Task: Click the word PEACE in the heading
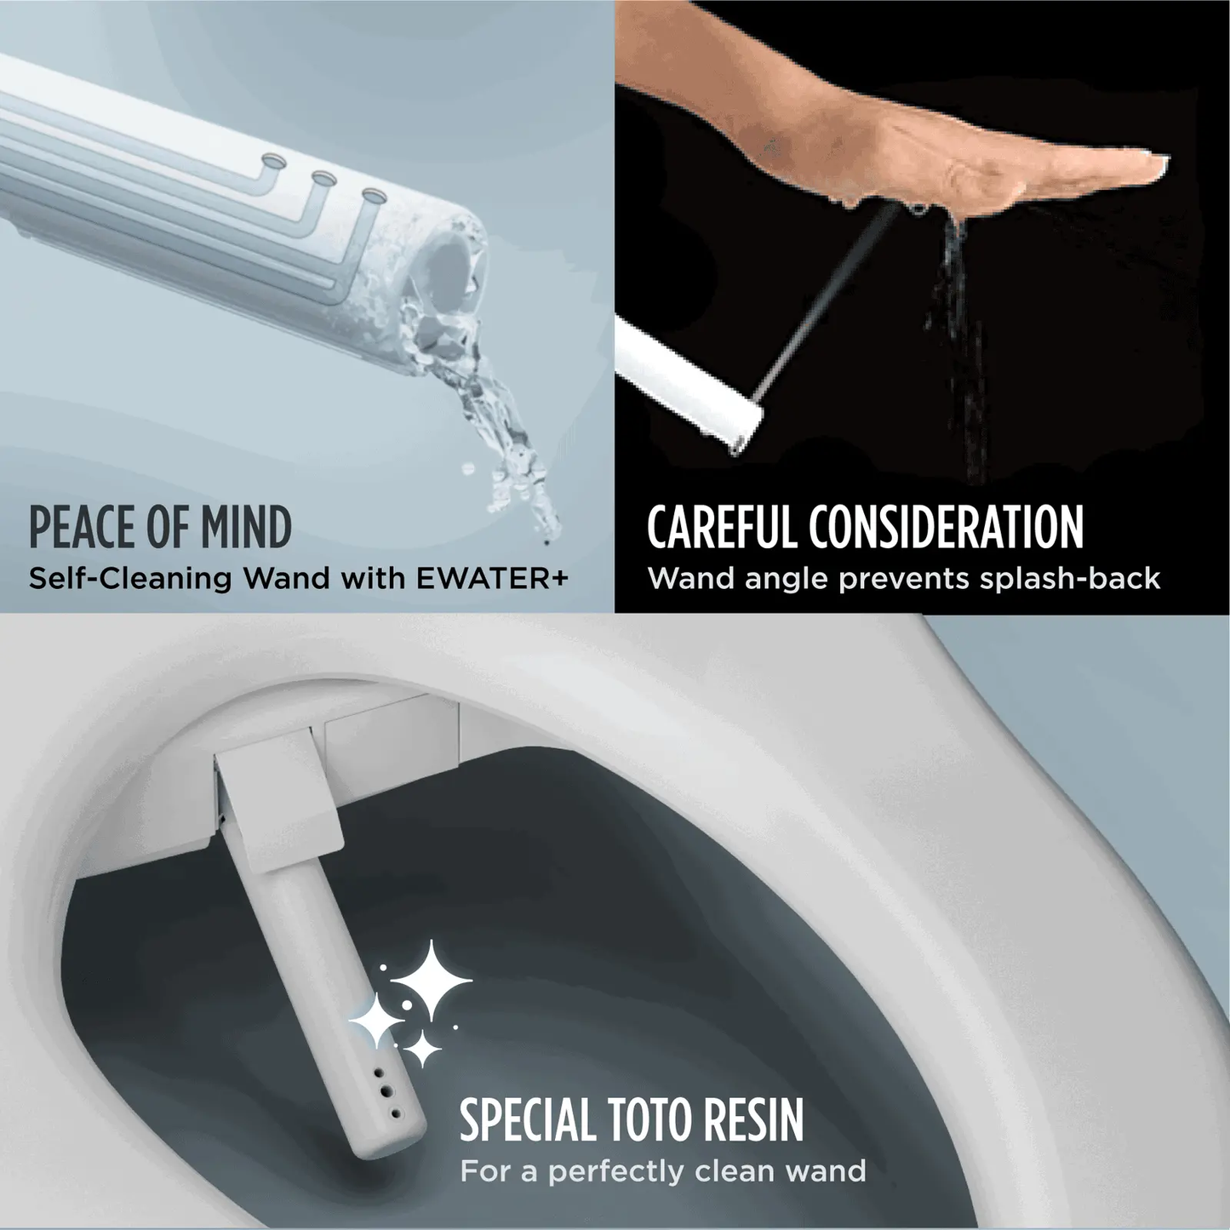[82, 528]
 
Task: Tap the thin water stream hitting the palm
[826, 298]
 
